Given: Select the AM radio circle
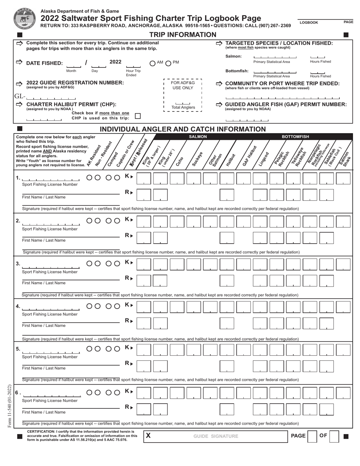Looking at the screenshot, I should click(152, 63).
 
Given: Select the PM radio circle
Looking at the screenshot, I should click(169, 63).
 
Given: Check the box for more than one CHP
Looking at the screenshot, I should click(138, 116).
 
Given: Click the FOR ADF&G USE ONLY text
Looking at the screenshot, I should click(183, 85).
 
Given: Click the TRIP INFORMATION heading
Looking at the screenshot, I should click(183, 35).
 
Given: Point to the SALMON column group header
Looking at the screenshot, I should click(198, 136).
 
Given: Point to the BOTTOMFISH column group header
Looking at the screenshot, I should click(295, 136).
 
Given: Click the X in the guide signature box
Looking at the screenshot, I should click(149, 436).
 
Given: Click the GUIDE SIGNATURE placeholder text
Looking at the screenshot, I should click(216, 436).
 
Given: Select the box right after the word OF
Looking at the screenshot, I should click(334, 436).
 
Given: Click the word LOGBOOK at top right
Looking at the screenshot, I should click(309, 23).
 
